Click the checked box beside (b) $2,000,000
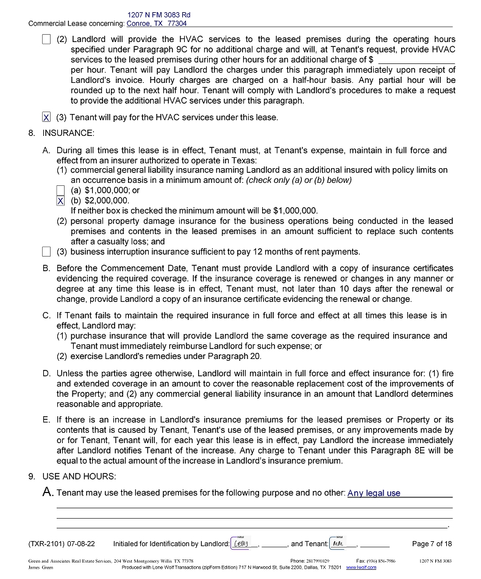[x=60, y=201]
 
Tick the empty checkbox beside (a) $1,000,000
[x=60, y=190]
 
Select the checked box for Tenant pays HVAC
[x=46, y=117]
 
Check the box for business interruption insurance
[x=46, y=252]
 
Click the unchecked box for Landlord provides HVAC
[x=46, y=39]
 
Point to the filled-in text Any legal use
[x=374, y=493]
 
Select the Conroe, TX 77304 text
[x=157, y=23]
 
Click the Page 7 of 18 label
[x=432, y=544]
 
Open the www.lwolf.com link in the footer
[x=361, y=567]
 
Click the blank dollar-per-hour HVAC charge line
[x=416, y=60]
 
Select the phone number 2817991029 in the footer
[x=318, y=561]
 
